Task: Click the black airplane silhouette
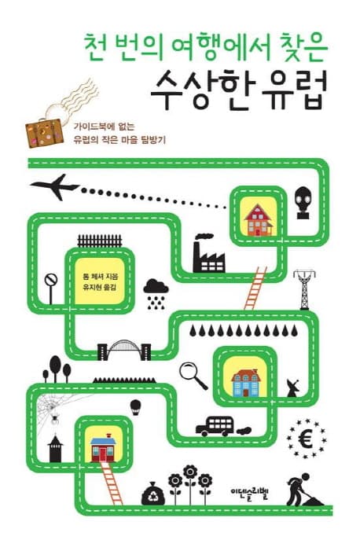(56, 187)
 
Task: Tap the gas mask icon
(303, 203)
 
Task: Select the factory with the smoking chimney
(208, 253)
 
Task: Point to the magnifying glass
(193, 376)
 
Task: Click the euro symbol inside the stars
(306, 439)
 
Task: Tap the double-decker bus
(215, 426)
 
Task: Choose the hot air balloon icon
(135, 407)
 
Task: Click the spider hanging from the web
(54, 419)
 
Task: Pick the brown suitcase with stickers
(45, 133)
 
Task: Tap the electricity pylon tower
(304, 289)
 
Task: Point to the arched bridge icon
(124, 351)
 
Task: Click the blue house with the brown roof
(245, 383)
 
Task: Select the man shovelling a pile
(304, 489)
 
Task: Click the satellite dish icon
(292, 388)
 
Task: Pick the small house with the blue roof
(103, 448)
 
